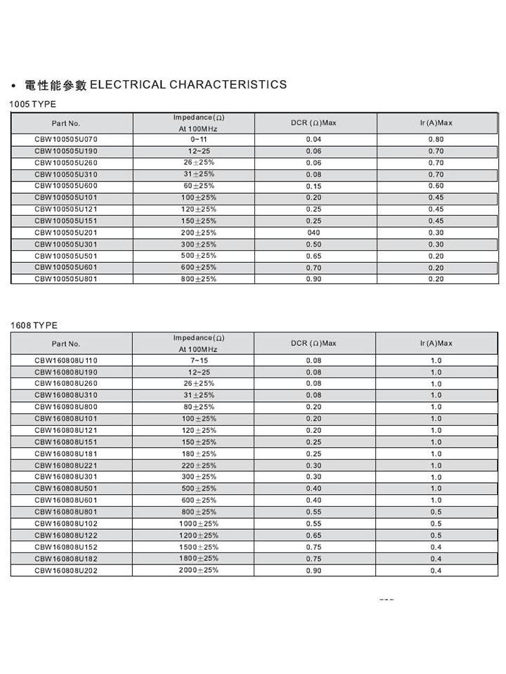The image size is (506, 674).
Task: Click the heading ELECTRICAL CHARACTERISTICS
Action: point(188,85)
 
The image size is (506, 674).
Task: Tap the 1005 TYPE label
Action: point(33,104)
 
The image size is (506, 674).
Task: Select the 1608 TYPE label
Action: point(34,325)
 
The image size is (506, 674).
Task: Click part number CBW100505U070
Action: point(66,139)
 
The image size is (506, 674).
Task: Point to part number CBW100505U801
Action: point(66,279)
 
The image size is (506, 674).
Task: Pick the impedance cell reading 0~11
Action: point(197,139)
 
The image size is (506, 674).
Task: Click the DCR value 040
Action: point(313,233)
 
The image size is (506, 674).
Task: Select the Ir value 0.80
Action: point(436,139)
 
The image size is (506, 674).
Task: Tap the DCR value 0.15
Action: point(313,186)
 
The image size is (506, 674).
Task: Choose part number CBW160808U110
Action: point(66,361)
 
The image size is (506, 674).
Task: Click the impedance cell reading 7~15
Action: point(197,361)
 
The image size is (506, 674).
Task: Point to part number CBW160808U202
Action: point(66,571)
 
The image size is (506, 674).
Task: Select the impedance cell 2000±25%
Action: point(199,570)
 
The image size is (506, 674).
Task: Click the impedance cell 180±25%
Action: point(198,453)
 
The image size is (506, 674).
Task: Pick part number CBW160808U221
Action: point(66,465)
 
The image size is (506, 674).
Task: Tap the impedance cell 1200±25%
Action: point(199,535)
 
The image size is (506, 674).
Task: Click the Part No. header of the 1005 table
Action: point(66,124)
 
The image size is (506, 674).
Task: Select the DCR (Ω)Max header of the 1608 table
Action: point(313,343)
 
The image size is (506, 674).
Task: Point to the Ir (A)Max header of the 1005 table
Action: point(436,123)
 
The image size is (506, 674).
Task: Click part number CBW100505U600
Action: point(66,186)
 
